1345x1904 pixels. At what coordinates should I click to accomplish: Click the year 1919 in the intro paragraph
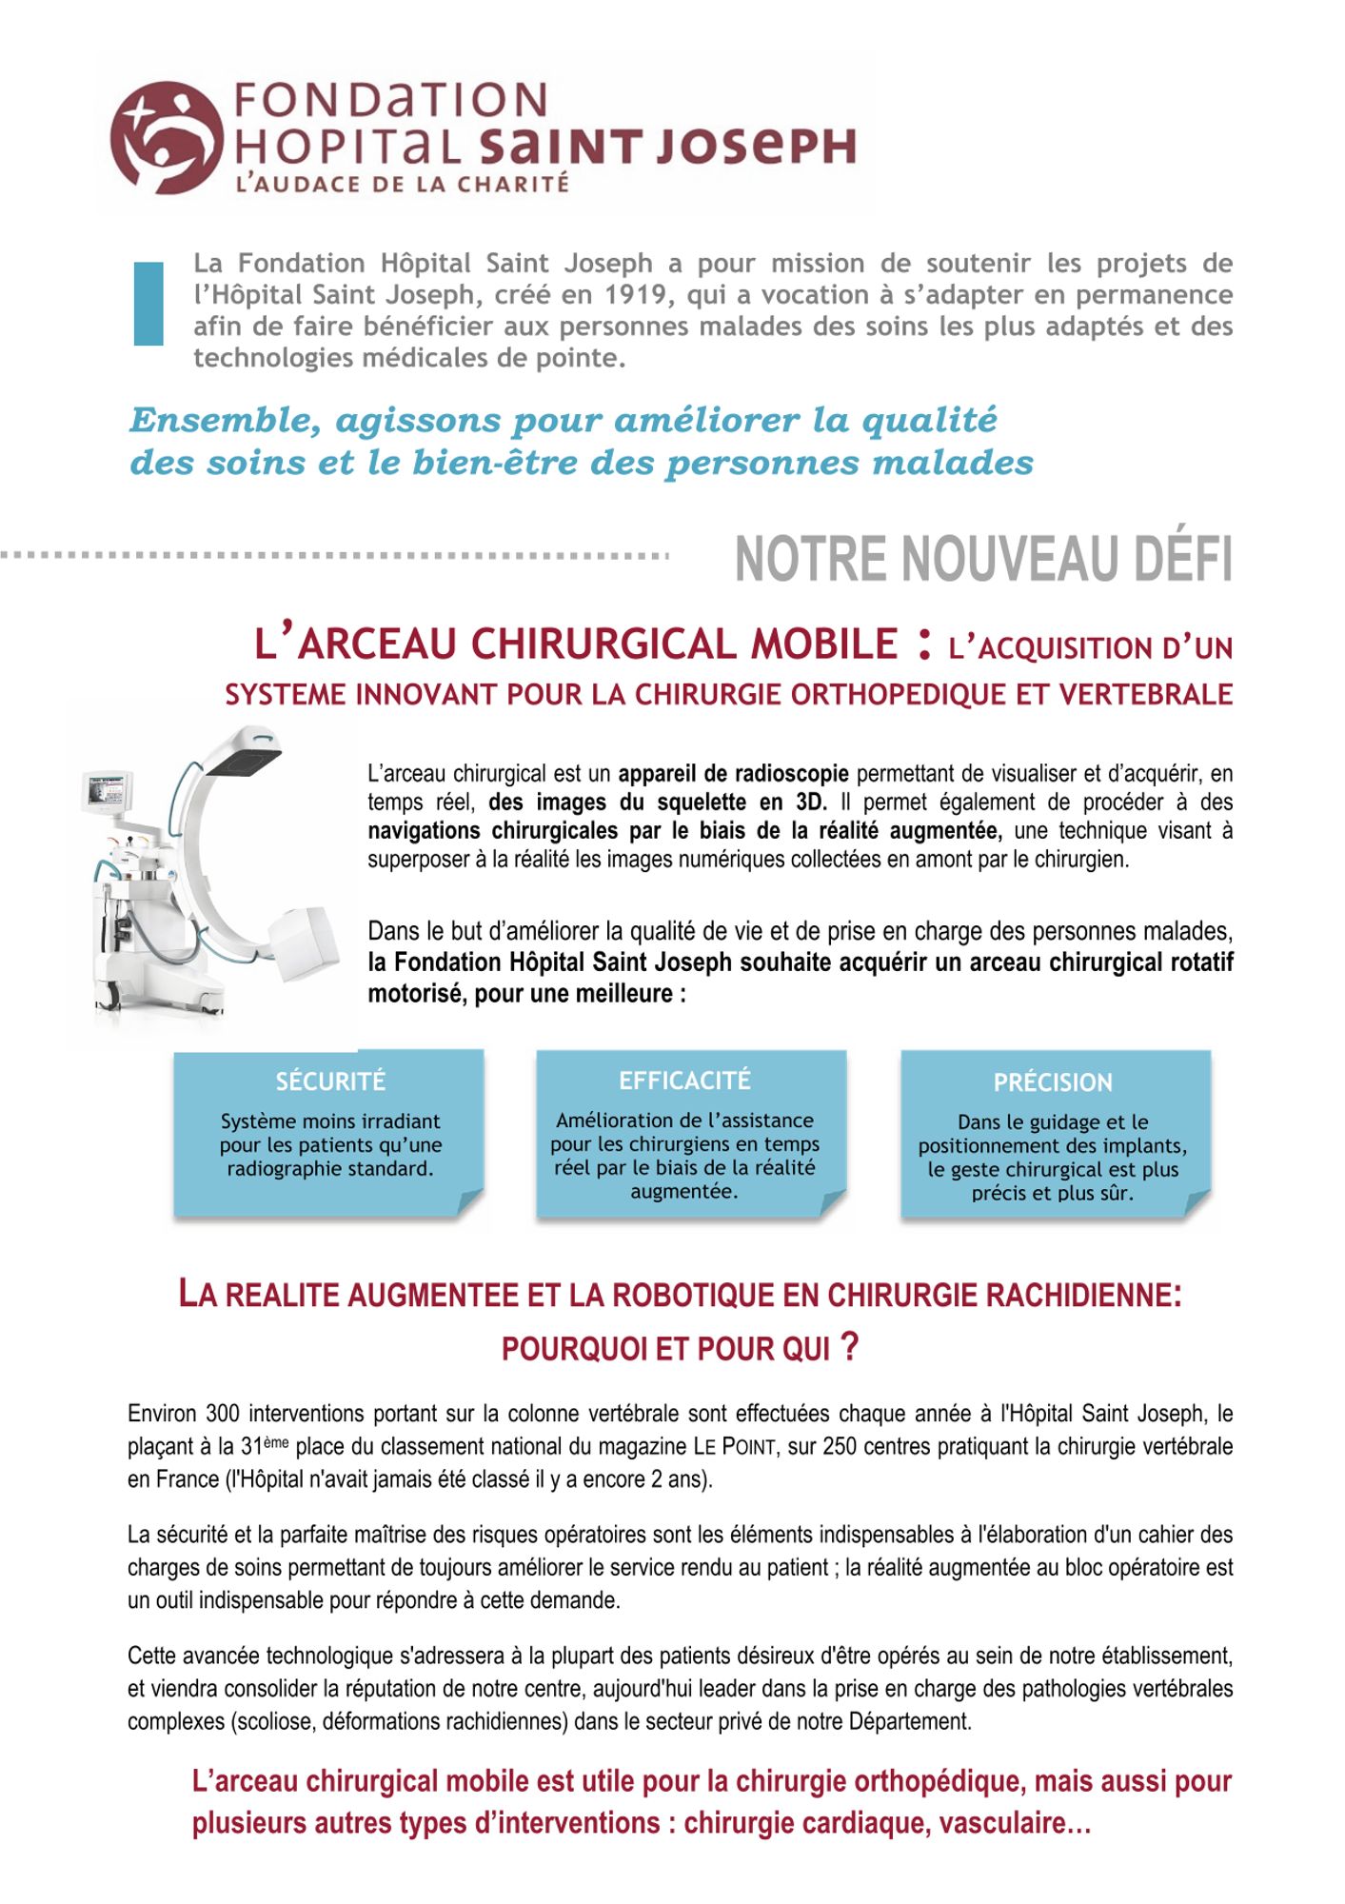637,295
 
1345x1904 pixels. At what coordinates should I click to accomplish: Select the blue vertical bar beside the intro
148,303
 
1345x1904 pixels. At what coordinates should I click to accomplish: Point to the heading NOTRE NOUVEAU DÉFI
982,559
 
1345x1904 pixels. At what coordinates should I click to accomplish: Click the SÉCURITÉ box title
330,1081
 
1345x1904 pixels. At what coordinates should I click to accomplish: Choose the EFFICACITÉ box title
684,1081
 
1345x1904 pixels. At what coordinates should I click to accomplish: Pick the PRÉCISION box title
1053,1082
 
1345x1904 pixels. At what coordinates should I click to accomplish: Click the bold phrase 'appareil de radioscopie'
733,774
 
